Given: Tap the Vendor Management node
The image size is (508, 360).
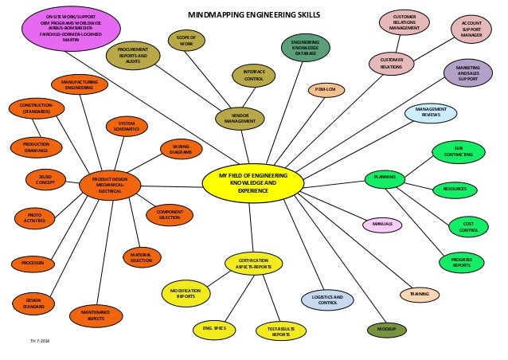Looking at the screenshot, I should [x=240, y=119].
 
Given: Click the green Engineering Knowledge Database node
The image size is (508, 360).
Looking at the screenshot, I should [x=306, y=48].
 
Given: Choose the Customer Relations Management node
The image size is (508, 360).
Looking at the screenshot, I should [x=404, y=22].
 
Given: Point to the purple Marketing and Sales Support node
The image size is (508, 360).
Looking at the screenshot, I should [x=467, y=73].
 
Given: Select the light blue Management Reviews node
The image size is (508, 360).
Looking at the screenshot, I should [x=430, y=113].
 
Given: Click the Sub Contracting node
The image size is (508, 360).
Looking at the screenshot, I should [x=458, y=151].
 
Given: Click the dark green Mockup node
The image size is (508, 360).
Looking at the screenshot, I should [x=386, y=329].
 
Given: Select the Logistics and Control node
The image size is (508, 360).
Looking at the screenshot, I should [x=327, y=300].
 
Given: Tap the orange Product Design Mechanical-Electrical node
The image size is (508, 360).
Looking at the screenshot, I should [x=110, y=186].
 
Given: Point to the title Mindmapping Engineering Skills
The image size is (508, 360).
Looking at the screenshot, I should [x=253, y=14].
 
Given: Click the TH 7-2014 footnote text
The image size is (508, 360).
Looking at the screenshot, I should [x=39, y=342].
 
